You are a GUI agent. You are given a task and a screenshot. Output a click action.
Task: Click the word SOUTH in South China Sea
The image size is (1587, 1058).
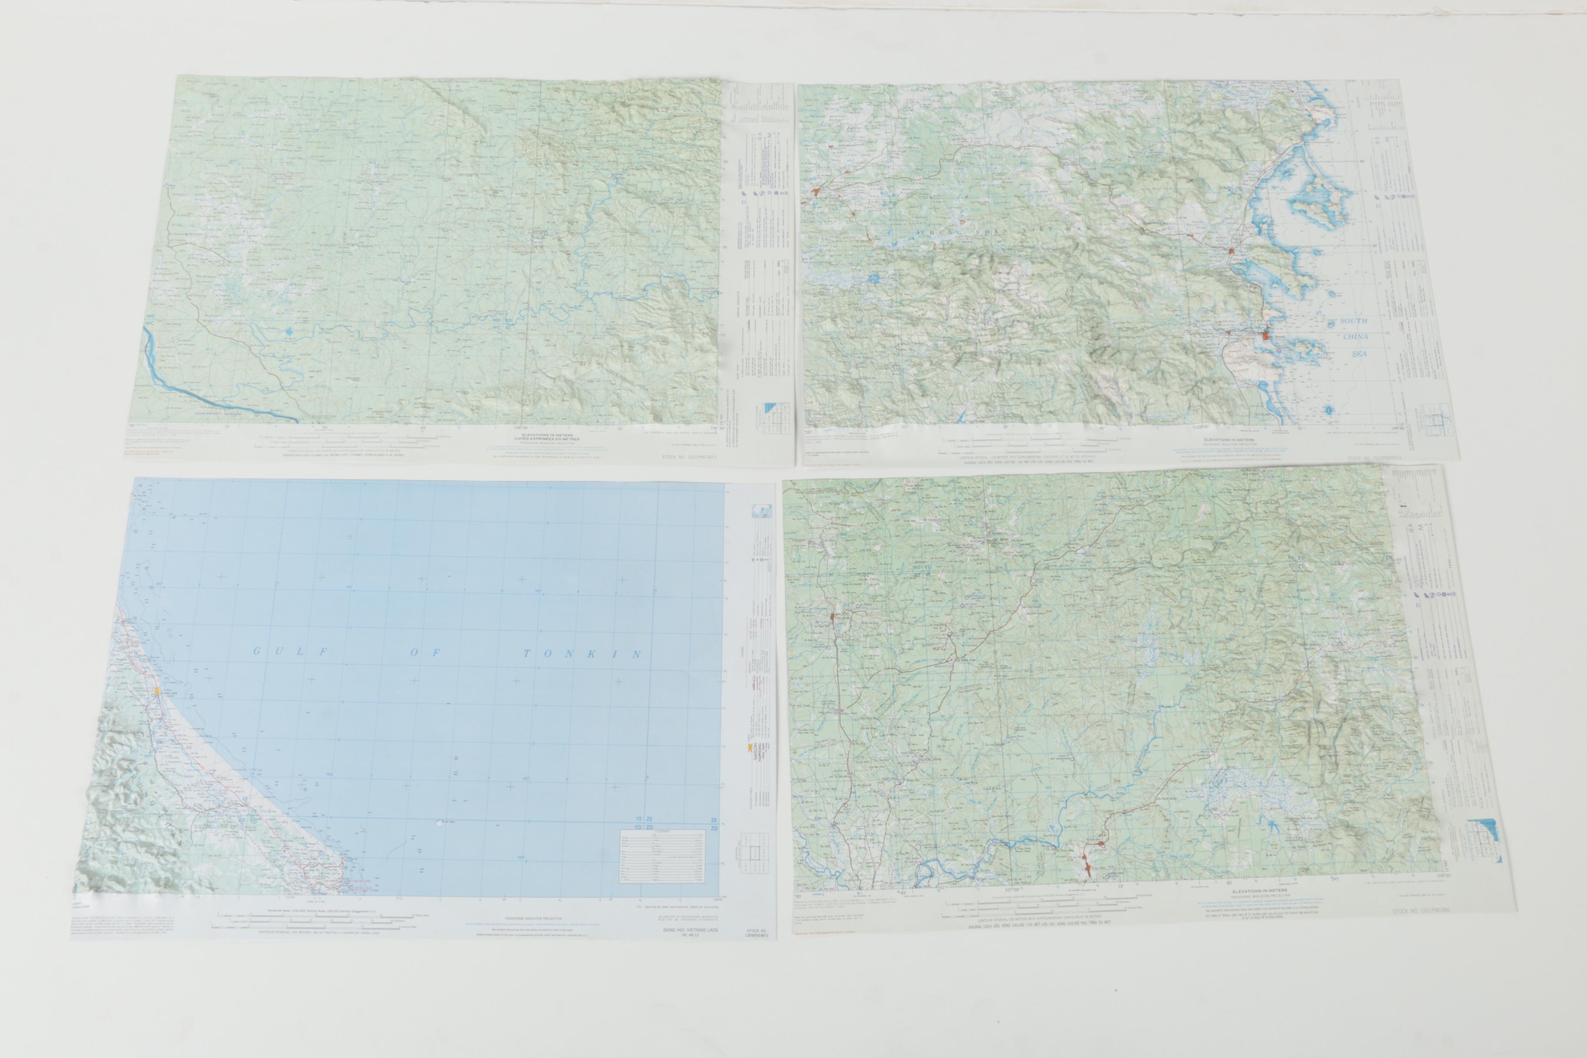tap(1353, 321)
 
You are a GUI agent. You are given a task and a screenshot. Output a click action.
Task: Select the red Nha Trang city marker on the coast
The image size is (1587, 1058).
tap(1265, 333)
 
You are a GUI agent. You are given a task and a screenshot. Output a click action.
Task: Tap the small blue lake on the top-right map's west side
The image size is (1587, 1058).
tap(874, 277)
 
